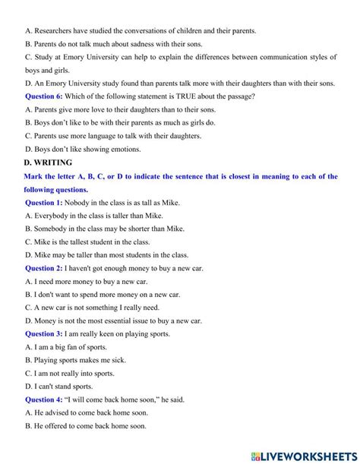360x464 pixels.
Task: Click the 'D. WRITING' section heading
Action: coord(48,163)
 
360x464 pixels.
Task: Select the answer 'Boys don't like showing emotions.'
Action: coord(83,150)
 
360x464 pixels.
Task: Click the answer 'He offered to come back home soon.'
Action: coord(85,426)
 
